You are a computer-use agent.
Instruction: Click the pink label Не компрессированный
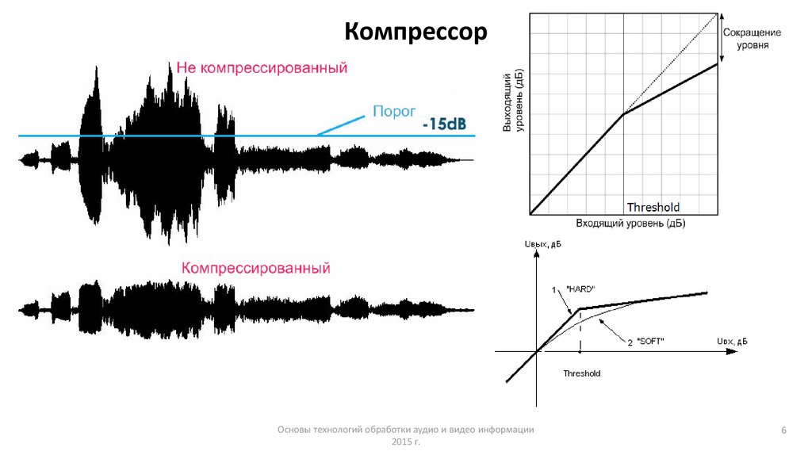coord(262,68)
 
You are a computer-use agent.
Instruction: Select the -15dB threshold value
coord(444,124)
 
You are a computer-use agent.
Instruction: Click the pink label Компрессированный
coord(255,269)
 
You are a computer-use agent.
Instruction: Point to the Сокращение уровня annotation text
coord(751,39)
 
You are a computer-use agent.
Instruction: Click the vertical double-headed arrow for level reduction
coord(721,38)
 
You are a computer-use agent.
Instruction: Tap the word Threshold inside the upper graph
coord(653,207)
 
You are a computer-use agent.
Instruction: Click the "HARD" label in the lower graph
coord(580,288)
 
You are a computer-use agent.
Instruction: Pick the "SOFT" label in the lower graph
coord(651,342)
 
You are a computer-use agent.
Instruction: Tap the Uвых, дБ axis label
coord(542,245)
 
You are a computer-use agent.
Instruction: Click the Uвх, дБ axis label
coord(732,342)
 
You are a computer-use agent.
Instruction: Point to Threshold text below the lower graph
coord(582,373)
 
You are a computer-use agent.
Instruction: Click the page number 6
coord(783,430)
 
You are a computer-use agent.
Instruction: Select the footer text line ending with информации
coord(404,429)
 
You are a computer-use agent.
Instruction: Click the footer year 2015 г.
coord(404,441)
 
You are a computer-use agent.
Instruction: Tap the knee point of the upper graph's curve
coord(623,114)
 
